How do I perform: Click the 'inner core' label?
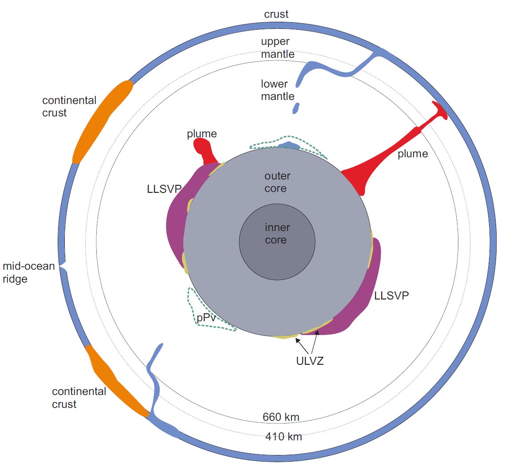pos(277,234)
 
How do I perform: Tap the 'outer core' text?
pos(277,182)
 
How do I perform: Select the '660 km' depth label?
pos(281,417)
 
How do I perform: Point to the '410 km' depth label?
pos(284,437)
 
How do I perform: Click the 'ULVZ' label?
pos(310,361)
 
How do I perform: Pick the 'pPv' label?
pos(206,318)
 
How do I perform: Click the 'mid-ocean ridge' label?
pos(28,272)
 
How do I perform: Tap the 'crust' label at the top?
pos(276,14)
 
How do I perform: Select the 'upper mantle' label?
pos(277,48)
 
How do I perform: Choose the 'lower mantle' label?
pos(277,90)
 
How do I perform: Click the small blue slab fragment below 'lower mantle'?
pos(296,108)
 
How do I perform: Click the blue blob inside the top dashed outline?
pos(289,145)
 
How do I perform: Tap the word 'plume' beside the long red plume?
pos(413,154)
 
